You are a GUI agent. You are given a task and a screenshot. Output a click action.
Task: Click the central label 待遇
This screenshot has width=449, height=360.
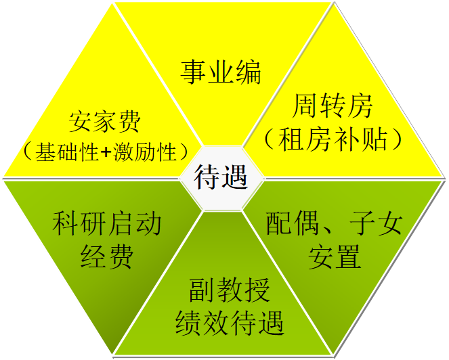pyautogui.click(x=221, y=177)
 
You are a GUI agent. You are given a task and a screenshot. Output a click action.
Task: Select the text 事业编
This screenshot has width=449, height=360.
pyautogui.click(x=221, y=72)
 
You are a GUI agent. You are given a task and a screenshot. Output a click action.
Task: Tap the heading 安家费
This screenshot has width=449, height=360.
pyautogui.click(x=105, y=122)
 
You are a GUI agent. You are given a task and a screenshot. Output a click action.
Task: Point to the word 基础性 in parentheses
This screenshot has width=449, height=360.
pyautogui.click(x=67, y=152)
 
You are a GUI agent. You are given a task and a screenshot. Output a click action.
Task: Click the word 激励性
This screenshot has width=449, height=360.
pyautogui.click(x=145, y=152)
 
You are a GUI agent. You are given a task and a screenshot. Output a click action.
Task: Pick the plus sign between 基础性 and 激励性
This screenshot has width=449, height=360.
pyautogui.click(x=106, y=152)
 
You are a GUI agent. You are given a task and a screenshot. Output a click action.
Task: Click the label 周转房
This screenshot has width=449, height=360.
pyautogui.click(x=332, y=106)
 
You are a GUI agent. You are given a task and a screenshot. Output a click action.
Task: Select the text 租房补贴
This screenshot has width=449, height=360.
pyautogui.click(x=333, y=139)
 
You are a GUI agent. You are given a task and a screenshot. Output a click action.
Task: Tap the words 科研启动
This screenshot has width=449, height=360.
pyautogui.click(x=106, y=223)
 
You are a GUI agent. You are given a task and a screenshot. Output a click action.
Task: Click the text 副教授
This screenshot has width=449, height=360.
pyautogui.click(x=230, y=290)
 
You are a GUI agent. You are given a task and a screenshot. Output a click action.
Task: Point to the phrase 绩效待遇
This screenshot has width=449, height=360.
pyautogui.click(x=230, y=323)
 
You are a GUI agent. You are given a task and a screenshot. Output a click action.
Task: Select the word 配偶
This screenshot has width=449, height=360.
pyautogui.click(x=293, y=223)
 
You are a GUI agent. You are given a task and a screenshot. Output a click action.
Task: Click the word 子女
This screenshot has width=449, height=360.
pyautogui.click(x=376, y=223)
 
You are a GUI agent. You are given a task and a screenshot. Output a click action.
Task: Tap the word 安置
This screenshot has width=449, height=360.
pyautogui.click(x=334, y=256)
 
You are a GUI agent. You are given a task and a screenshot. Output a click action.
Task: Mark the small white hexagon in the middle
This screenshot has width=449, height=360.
pyautogui.click(x=221, y=178)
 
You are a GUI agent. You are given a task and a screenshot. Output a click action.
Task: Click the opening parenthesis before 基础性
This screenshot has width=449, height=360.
pyautogui.click(x=28, y=152)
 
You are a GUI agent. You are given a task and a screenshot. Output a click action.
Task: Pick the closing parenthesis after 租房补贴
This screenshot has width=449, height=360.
pyautogui.click(x=395, y=139)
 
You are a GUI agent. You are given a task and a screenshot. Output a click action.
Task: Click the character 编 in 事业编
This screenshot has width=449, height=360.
pyautogui.click(x=248, y=72)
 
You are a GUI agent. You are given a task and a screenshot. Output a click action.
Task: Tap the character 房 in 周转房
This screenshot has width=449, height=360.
pyautogui.click(x=360, y=106)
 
